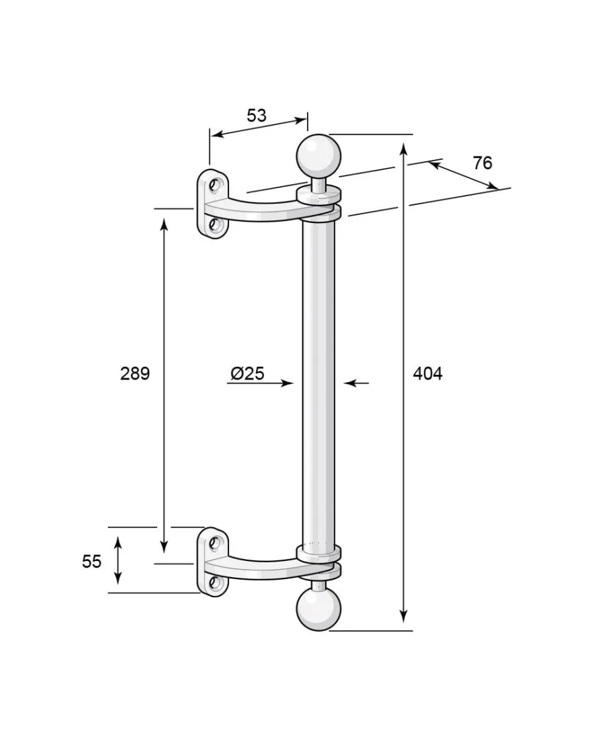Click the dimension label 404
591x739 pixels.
point(427,374)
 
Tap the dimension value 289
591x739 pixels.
point(135,374)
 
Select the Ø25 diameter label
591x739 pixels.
point(247,374)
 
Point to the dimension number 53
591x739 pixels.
point(257,116)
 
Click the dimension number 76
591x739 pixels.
point(483,163)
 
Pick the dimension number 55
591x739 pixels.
point(91,562)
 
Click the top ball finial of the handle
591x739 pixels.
point(318,156)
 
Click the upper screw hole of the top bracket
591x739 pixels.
point(216,185)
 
